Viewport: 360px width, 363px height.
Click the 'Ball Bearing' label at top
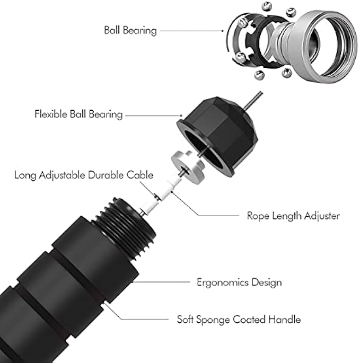(x=130, y=30)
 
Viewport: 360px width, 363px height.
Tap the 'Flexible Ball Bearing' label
(x=78, y=114)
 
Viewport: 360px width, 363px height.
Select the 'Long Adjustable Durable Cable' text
(x=84, y=174)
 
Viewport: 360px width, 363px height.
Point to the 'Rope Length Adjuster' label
(x=293, y=216)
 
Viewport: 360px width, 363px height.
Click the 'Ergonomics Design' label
(x=239, y=282)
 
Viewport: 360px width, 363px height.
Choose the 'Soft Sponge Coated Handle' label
(x=239, y=320)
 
